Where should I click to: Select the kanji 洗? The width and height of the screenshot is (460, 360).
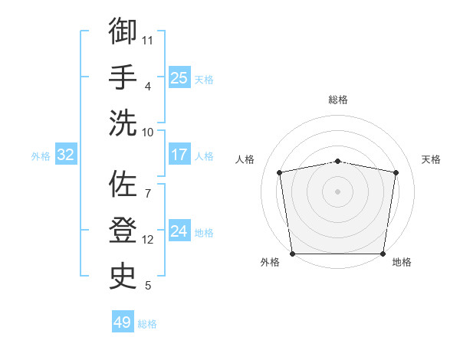click(x=123, y=123)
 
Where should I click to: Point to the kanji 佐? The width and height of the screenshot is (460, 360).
click(x=123, y=185)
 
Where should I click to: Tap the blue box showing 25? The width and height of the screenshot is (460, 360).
click(x=179, y=77)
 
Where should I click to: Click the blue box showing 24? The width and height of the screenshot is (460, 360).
click(x=179, y=231)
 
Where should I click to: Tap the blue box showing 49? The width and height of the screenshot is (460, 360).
click(x=123, y=322)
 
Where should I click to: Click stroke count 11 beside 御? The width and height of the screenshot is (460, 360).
click(x=148, y=39)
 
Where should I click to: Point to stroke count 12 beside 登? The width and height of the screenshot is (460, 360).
click(x=148, y=240)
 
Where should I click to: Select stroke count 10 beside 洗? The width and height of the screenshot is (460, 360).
click(x=148, y=132)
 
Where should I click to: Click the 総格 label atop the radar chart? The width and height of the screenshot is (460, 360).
click(x=337, y=100)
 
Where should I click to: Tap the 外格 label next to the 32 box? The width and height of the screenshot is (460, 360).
click(x=41, y=156)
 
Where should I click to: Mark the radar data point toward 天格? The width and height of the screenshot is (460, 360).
click(x=396, y=172)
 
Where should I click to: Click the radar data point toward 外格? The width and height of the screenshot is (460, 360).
click(x=292, y=254)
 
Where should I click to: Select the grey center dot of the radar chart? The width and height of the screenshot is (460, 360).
click(x=337, y=191)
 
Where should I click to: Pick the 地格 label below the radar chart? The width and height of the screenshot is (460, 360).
click(x=402, y=263)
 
